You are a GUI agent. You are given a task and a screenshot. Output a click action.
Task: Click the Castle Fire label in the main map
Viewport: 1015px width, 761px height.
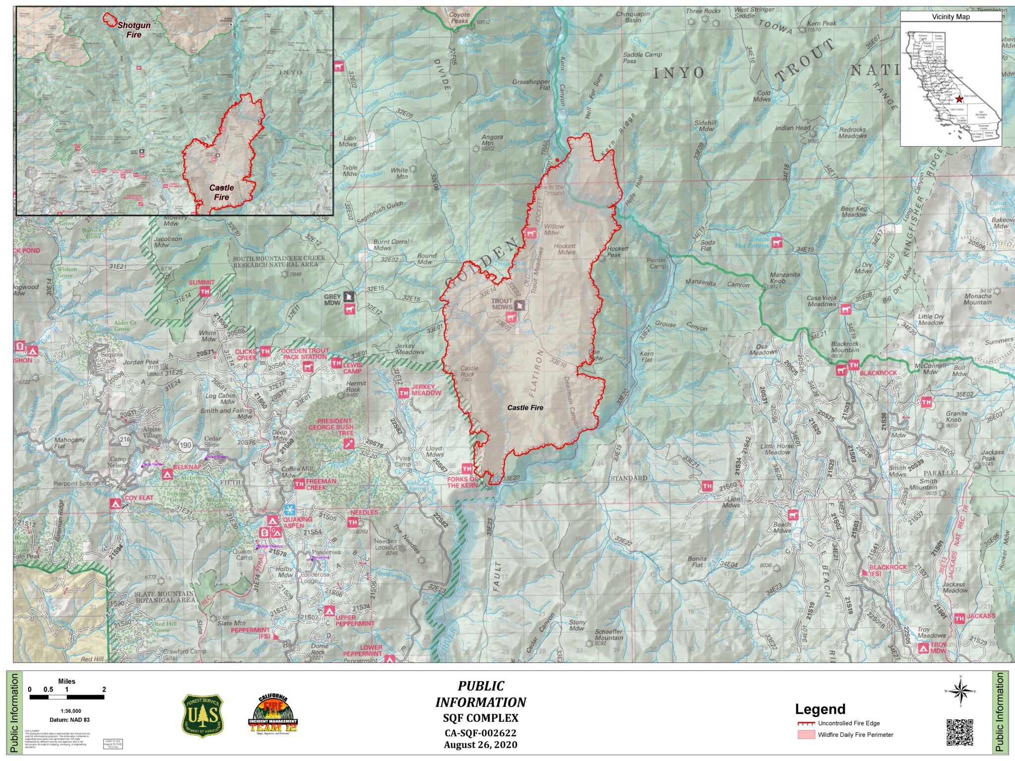(x=525, y=408)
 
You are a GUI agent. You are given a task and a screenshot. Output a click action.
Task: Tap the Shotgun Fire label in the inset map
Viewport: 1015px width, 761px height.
(x=133, y=30)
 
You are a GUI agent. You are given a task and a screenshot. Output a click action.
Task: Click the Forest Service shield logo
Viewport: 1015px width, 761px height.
(x=202, y=715)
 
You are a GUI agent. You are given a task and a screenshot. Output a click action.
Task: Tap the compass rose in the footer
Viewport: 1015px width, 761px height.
(x=960, y=691)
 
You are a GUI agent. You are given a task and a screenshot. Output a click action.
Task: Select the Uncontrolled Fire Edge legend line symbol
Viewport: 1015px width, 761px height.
(x=806, y=723)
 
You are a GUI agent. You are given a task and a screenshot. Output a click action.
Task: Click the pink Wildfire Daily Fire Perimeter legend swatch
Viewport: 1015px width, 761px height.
(x=806, y=735)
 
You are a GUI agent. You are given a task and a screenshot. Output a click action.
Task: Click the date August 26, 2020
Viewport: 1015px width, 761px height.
(x=480, y=745)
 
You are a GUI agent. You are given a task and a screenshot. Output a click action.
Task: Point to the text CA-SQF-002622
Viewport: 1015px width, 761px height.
(x=480, y=733)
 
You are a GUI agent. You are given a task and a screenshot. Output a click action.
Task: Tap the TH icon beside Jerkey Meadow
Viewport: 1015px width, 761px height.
(x=403, y=393)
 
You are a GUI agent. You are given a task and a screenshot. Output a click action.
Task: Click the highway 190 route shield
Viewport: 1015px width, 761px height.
(x=185, y=444)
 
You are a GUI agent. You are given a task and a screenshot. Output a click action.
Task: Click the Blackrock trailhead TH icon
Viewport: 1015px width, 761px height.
(x=853, y=365)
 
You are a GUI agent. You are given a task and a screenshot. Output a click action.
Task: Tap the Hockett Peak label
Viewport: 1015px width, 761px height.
(x=618, y=252)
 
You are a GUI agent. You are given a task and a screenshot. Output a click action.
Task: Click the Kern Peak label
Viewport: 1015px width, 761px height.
(x=822, y=23)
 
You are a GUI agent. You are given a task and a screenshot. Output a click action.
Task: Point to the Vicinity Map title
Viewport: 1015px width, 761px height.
(x=951, y=17)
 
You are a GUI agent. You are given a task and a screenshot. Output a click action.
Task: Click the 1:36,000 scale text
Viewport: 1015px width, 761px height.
(x=70, y=711)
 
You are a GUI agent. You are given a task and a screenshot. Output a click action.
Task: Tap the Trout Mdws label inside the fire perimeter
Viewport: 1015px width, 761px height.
(x=502, y=304)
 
